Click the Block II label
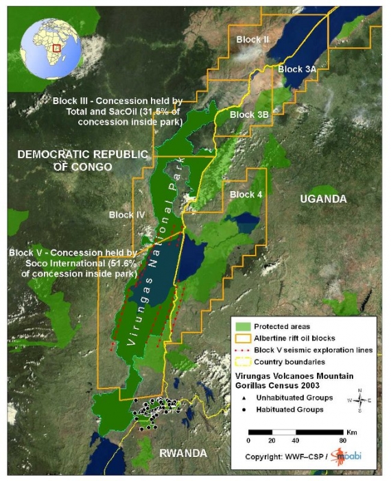pyautogui.click(x=252, y=40)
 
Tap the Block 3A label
pyautogui.click(x=297, y=69)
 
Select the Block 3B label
pyautogui.click(x=249, y=114)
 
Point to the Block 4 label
pyautogui.click(x=246, y=195)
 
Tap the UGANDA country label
pyautogui.click(x=323, y=199)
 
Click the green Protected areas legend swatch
pyautogui.click(x=242, y=326)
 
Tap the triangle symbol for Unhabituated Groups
pyautogui.click(x=244, y=397)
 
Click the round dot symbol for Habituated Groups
pyautogui.click(x=244, y=410)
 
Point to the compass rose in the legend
pyautogui.click(x=360, y=399)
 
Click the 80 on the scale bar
pyautogui.click(x=341, y=440)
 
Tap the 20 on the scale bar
pyautogui.click(x=272, y=440)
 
